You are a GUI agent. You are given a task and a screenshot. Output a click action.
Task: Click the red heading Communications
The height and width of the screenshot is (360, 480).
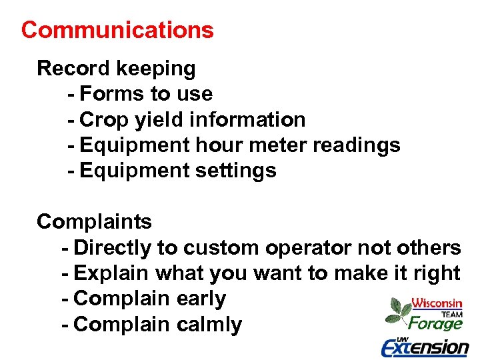pyautogui.click(x=117, y=30)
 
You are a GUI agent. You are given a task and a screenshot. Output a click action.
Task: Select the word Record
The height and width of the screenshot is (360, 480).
pyautogui.click(x=73, y=68)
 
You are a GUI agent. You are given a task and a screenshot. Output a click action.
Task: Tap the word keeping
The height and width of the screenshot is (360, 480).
pyautogui.click(x=156, y=69)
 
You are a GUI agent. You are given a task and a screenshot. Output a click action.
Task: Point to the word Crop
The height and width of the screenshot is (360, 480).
pyautogui.click(x=104, y=121)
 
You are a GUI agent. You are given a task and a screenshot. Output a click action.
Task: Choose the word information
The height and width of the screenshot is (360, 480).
pyautogui.click(x=247, y=120)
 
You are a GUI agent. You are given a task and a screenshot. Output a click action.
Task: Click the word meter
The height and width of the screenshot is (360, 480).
pyautogui.click(x=275, y=145)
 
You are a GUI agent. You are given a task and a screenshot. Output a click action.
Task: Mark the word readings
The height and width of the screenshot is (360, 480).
pyautogui.click(x=355, y=146)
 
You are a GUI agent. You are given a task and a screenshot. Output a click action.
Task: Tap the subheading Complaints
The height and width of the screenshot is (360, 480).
pyautogui.click(x=94, y=222)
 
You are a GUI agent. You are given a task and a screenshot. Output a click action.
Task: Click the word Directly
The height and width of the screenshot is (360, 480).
pyautogui.click(x=113, y=249)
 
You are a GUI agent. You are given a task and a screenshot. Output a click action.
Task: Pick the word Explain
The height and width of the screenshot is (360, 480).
pyautogui.click(x=112, y=274)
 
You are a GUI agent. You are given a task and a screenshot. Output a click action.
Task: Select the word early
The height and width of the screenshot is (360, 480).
pyautogui.click(x=201, y=299)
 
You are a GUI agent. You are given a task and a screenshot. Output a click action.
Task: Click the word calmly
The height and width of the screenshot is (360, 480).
pyautogui.click(x=209, y=325)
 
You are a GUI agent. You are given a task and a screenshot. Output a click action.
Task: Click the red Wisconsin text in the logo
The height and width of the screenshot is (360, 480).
pyautogui.click(x=437, y=303)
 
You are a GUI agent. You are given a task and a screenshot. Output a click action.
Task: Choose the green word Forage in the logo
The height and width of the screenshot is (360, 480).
pyautogui.click(x=435, y=324)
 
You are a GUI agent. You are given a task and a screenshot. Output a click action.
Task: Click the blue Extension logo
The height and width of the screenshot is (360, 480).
pyautogui.click(x=425, y=347)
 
